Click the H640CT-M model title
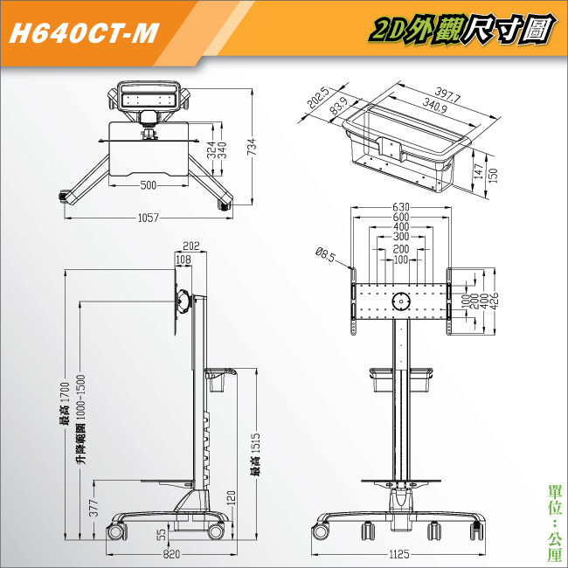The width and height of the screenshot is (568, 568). tap(84, 33)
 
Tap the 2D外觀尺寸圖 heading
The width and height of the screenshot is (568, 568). tap(462, 30)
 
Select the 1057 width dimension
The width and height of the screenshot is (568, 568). tap(149, 218)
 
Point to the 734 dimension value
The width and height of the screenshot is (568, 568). tap(252, 146)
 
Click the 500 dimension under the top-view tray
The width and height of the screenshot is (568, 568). tap(149, 185)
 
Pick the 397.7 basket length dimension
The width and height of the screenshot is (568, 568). tap(447, 95)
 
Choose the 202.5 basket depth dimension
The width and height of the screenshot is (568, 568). tap(318, 98)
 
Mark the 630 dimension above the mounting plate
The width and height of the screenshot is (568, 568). tap(401, 207)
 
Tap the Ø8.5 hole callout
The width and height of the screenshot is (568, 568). tap(325, 254)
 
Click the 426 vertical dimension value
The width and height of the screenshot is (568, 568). tap(494, 301)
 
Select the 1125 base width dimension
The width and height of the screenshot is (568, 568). tap(399, 554)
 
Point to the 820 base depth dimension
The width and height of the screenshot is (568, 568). tap(171, 554)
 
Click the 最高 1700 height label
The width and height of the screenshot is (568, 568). tap(65, 404)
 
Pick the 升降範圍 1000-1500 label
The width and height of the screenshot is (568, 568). tap(81, 419)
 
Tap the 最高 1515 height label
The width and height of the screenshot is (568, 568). tap(256, 454)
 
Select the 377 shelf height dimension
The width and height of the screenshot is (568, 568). tap(94, 508)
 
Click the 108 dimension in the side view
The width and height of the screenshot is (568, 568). tap(184, 260)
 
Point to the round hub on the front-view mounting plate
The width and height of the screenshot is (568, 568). tap(401, 301)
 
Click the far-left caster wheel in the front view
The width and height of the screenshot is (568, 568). tap(321, 532)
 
